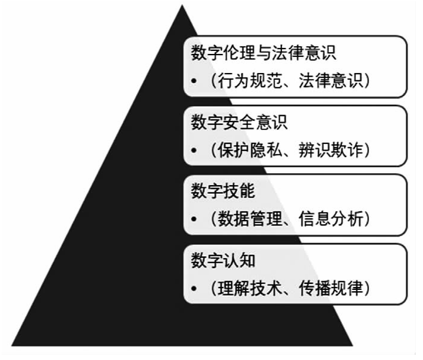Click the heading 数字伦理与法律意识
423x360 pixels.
(264, 53)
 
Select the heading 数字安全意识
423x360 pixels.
(239, 122)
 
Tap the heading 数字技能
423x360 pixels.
(223, 191)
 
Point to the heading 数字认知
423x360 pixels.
(223, 260)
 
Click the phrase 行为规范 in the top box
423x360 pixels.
(250, 81)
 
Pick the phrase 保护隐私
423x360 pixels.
(250, 150)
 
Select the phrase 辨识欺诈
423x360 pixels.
(331, 150)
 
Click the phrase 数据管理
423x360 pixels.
(250, 219)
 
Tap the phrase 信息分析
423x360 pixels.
(331, 219)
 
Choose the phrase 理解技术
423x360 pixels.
(250, 288)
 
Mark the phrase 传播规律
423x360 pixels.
(331, 288)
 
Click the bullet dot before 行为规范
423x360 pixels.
(194, 81)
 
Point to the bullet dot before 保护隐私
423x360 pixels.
(194, 150)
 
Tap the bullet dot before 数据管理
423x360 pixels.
(194, 219)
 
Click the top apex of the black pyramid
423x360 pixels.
(182, 5)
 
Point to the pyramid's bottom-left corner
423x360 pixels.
(11, 346)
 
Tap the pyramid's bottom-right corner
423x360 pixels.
(353, 346)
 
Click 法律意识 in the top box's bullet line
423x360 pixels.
(331, 81)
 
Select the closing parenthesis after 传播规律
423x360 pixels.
(367, 288)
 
